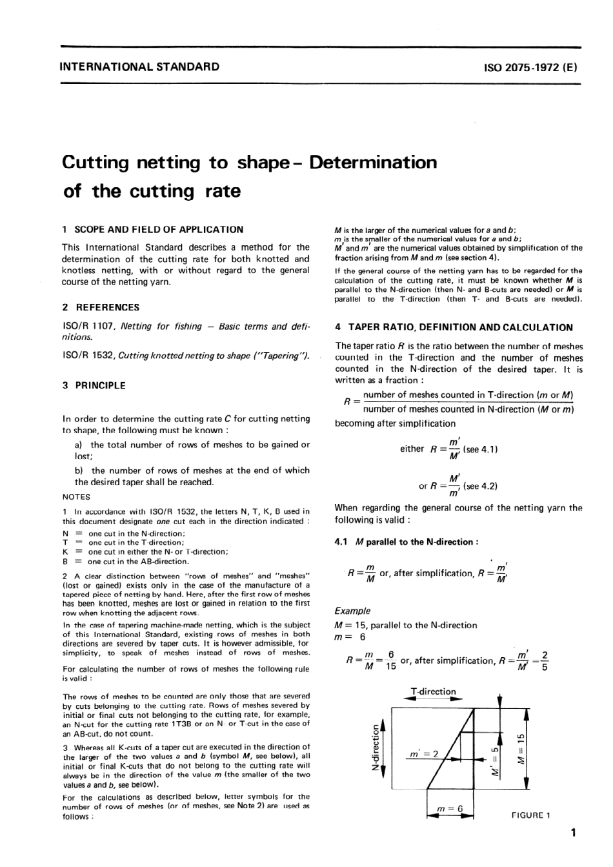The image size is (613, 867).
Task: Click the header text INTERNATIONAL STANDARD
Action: [x=139, y=66]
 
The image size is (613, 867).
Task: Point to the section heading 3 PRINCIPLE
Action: [x=94, y=385]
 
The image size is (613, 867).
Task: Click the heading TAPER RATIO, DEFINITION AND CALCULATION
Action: [x=454, y=327]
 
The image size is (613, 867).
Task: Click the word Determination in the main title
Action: [x=374, y=162]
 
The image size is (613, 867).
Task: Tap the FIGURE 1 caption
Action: [x=530, y=815]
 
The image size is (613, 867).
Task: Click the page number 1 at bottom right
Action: [x=573, y=833]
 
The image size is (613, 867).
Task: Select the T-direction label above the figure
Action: [x=434, y=691]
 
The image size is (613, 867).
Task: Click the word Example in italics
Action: [x=353, y=611]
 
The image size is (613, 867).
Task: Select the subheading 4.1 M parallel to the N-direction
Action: [x=407, y=542]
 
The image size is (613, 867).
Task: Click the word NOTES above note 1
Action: [x=76, y=497]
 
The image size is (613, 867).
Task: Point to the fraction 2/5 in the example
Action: [x=545, y=661]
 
